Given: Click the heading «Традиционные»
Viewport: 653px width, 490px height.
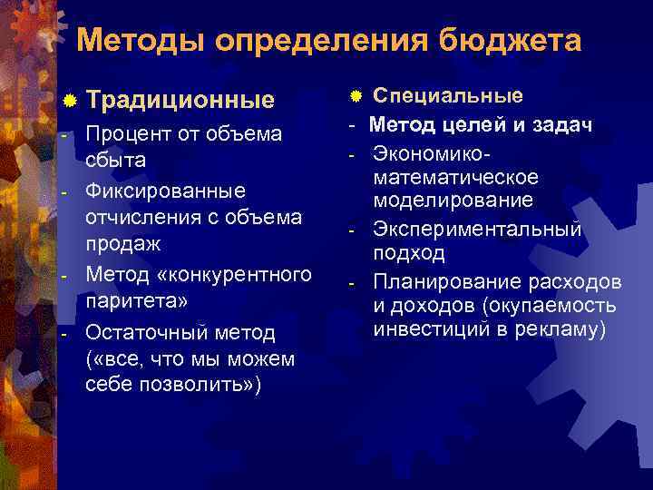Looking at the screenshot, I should tap(182, 99).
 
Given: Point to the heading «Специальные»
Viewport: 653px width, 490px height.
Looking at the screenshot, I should tap(448, 96).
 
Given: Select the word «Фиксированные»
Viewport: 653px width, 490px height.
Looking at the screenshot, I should tap(152, 191).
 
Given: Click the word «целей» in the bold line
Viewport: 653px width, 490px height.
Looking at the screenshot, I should tap(485, 124).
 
